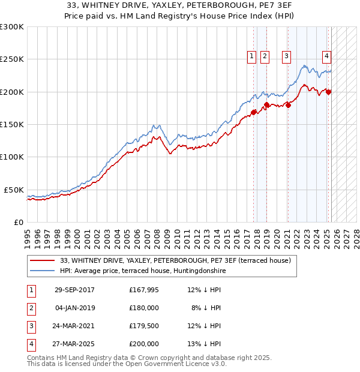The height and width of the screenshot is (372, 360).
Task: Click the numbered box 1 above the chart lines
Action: pos(251,56)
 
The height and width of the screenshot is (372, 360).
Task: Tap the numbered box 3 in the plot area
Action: pos(287,56)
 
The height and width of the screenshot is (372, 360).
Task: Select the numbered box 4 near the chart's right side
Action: pos(326,56)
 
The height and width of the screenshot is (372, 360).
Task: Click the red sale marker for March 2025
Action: pos(329,92)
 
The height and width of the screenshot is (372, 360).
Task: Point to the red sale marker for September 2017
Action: pos(254,112)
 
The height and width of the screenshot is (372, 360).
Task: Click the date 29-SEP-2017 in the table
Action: pos(74,290)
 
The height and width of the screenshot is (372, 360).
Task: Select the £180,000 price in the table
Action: pos(144,308)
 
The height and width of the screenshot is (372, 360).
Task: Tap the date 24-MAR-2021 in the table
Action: pos(74,326)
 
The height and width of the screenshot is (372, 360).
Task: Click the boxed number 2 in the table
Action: pos(31,308)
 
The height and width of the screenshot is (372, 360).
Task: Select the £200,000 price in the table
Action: pos(144,344)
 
